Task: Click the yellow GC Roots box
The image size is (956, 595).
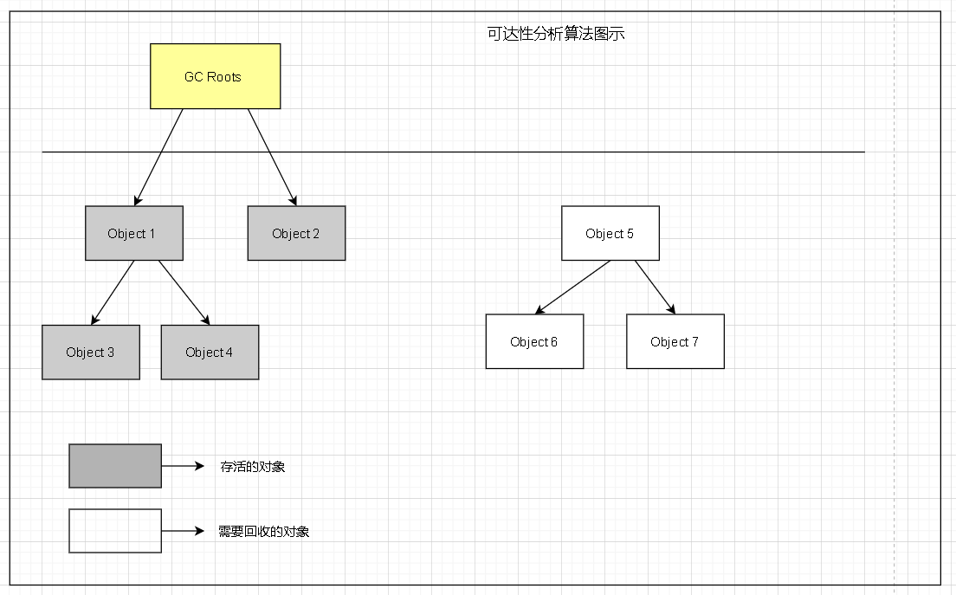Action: [x=215, y=76]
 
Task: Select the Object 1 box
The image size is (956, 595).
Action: [x=133, y=233]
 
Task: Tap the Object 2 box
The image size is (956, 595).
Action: [x=296, y=233]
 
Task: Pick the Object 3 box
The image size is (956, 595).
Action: [x=90, y=352]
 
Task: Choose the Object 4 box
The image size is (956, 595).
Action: [x=210, y=352]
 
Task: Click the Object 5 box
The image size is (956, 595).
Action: [x=610, y=233]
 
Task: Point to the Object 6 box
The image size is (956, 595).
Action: [x=534, y=341]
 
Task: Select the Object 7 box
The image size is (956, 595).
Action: [x=675, y=341]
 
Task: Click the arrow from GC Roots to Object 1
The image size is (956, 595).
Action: [x=159, y=157]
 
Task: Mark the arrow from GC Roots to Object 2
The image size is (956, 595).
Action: [x=272, y=157]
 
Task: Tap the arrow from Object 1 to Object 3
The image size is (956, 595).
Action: [x=113, y=293]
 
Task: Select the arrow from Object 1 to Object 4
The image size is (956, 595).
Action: [x=184, y=293]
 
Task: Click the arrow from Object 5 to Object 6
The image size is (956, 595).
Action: [x=573, y=287]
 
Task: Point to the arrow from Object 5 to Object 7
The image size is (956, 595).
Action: [x=655, y=287]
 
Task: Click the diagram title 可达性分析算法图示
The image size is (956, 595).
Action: [x=556, y=35]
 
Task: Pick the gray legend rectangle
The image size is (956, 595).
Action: [x=115, y=466]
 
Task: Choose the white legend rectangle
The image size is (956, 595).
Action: [x=115, y=531]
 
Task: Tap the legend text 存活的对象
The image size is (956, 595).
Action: [x=253, y=466]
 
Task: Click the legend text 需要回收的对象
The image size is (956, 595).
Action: [x=264, y=531]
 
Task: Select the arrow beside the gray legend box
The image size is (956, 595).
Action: [x=182, y=466]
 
